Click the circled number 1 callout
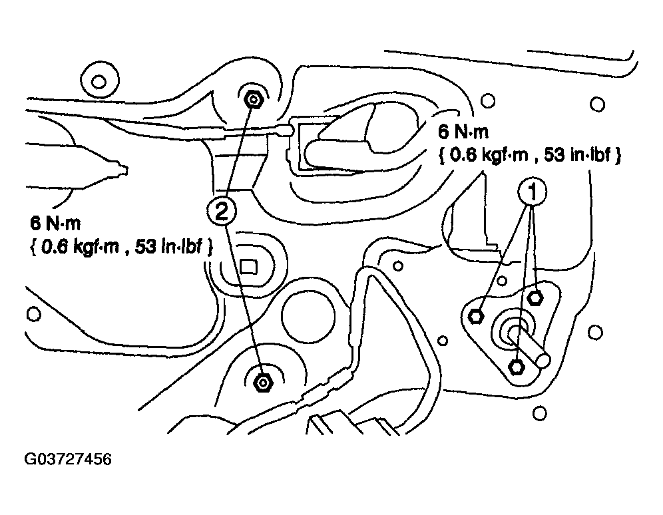[x=533, y=192]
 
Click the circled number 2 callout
[x=221, y=211]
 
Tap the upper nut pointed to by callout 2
[x=253, y=100]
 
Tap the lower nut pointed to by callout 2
[x=263, y=383]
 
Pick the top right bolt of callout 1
[x=535, y=297]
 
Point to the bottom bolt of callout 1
[x=516, y=367]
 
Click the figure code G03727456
[x=68, y=459]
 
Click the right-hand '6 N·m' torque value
[x=463, y=131]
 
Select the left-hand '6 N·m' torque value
[x=55, y=223]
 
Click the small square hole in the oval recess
[x=249, y=267]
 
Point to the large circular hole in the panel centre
[x=308, y=315]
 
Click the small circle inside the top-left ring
[x=99, y=81]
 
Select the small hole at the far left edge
[x=34, y=314]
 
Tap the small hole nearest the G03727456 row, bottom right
[x=540, y=413]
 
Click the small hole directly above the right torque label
[x=488, y=101]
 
